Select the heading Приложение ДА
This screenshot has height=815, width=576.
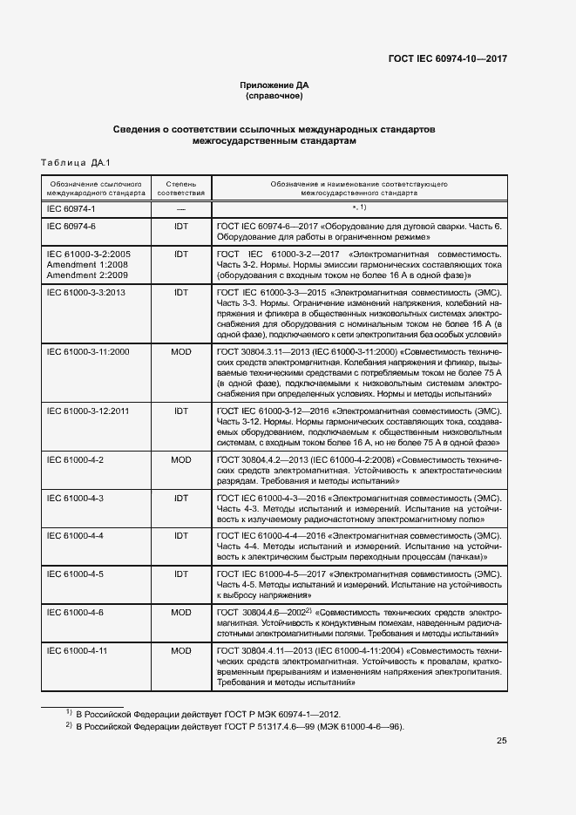pyautogui.click(x=274, y=85)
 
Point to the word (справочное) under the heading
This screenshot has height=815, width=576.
pyautogui.click(x=274, y=96)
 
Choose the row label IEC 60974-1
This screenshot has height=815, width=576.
pyautogui.click(x=71, y=209)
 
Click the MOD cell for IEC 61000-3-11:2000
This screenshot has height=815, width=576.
pyautogui.click(x=181, y=350)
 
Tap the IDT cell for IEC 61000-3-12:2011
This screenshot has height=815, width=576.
pyautogui.click(x=181, y=409)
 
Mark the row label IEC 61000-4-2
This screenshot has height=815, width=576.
pyautogui.click(x=75, y=458)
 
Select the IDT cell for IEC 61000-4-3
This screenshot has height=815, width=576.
pyautogui.click(x=181, y=498)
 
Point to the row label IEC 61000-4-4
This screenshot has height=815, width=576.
pyautogui.click(x=75, y=535)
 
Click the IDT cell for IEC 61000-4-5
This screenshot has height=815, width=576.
pyautogui.click(x=181, y=574)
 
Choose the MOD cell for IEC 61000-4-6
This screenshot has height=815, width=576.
pyautogui.click(x=181, y=613)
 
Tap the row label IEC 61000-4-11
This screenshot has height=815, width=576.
pyautogui.click(x=77, y=650)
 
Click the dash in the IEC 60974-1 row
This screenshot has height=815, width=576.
pyautogui.click(x=181, y=209)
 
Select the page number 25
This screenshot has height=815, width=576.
pyautogui.click(x=501, y=741)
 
